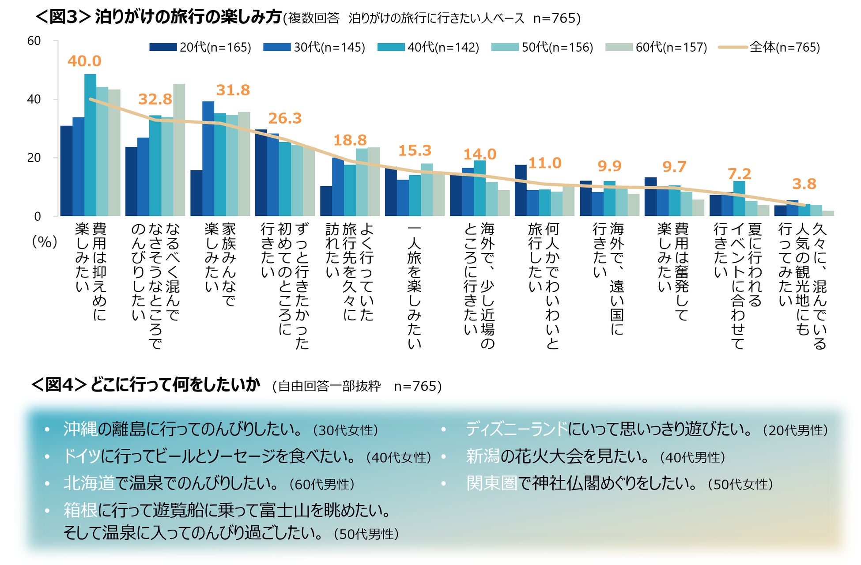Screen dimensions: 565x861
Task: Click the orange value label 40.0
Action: [x=84, y=61]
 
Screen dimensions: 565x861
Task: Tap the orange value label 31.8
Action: [x=233, y=90]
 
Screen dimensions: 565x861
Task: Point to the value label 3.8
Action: [x=804, y=184]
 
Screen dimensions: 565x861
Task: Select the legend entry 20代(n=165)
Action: [x=200, y=47]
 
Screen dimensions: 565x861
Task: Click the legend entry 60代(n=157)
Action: [x=657, y=47]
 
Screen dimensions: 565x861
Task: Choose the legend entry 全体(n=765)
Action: [x=770, y=47]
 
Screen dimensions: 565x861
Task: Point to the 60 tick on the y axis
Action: [x=34, y=41]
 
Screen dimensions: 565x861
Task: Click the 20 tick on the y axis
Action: [x=34, y=158]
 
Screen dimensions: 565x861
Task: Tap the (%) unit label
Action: [x=45, y=241]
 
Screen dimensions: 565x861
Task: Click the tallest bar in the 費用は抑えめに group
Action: [x=90, y=146]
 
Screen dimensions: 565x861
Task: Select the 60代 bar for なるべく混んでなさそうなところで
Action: [x=179, y=150]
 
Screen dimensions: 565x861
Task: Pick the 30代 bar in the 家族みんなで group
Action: [x=208, y=159]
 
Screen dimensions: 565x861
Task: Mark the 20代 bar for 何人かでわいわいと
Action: [x=521, y=191]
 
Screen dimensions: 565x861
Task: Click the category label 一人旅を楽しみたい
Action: [x=414, y=287]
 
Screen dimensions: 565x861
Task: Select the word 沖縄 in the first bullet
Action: [x=80, y=429]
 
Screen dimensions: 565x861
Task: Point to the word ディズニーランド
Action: [x=516, y=429]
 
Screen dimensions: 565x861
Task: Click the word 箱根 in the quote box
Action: [x=80, y=510]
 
